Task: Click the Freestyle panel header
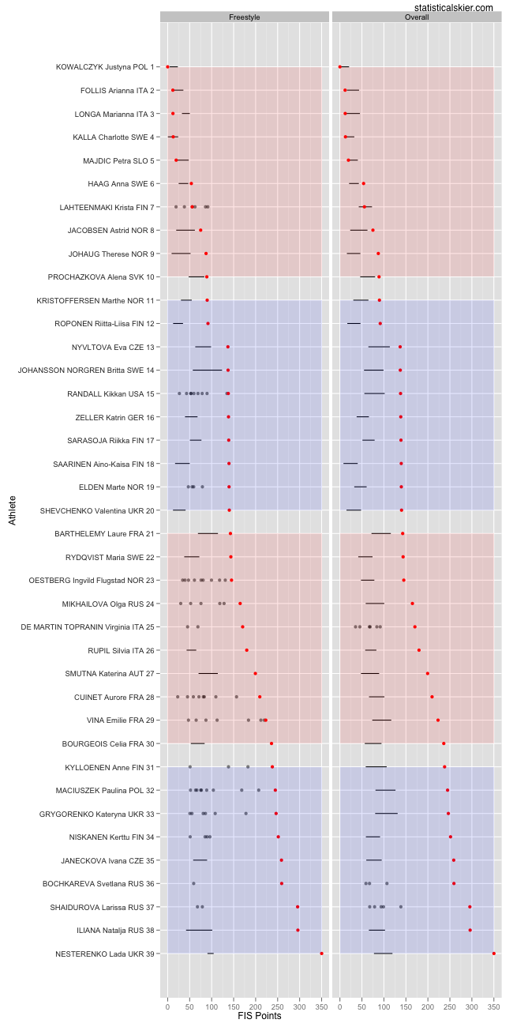pos(244,17)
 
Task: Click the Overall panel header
pos(417,17)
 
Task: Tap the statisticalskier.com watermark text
pos(452,7)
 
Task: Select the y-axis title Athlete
pos(12,510)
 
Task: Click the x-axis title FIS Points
pos(259,1016)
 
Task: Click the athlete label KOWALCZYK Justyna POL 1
pos(105,67)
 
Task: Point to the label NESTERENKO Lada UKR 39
pos(105,954)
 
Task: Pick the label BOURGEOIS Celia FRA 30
pos(108,743)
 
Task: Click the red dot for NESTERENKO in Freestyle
pos(321,954)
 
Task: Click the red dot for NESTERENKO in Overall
pos(494,954)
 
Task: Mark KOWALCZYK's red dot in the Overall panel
pos(340,67)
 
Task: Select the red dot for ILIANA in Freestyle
pos(298,930)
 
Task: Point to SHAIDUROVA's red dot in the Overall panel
pos(470,907)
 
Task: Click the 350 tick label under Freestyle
pos(321,1006)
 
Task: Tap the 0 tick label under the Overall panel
pos(340,1006)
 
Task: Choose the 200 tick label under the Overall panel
pos(428,1006)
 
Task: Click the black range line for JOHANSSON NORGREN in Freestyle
pos(207,371)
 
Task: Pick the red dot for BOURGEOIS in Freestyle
pos(271,743)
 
